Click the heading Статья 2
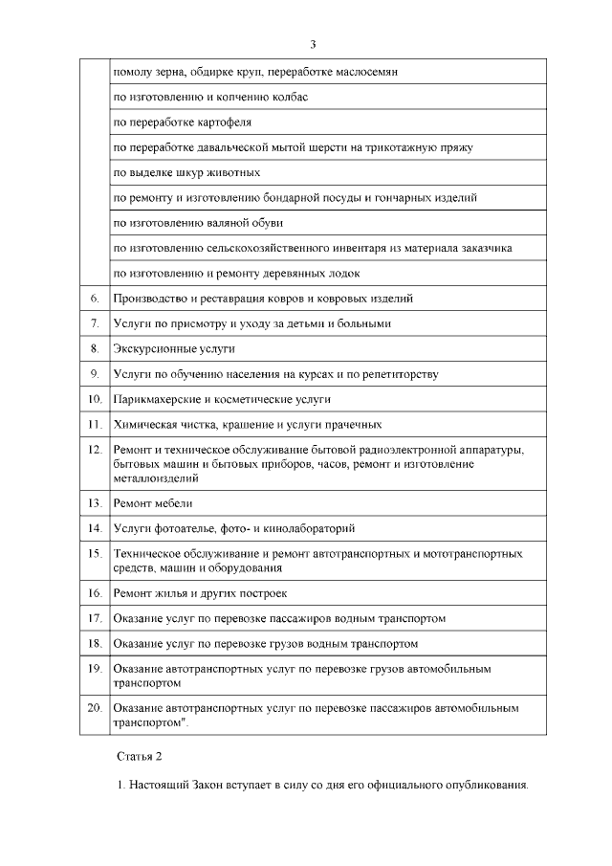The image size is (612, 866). (x=140, y=756)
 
